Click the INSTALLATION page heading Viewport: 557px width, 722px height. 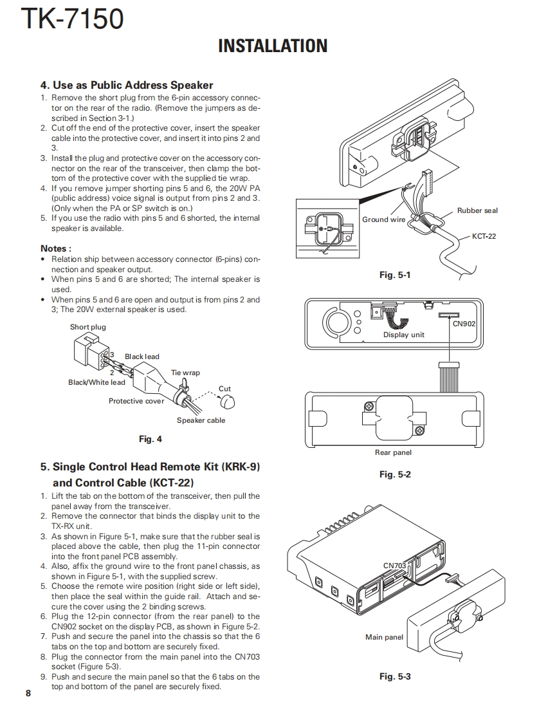[x=273, y=46]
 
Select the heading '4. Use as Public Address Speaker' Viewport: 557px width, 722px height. [x=127, y=85]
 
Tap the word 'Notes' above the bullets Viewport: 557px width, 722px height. [x=55, y=248]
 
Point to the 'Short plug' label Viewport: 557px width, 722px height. [x=88, y=327]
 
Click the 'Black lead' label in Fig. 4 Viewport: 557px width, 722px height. [x=142, y=356]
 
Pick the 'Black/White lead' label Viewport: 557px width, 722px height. [x=96, y=382]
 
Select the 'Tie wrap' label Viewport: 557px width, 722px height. [x=185, y=373]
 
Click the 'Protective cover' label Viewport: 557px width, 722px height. [x=136, y=401]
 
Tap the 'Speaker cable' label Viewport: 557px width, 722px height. [x=201, y=420]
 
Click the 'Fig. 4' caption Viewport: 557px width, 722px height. [x=151, y=439]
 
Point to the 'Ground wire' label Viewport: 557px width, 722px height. [x=384, y=219]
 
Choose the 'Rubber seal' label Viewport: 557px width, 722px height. [x=477, y=210]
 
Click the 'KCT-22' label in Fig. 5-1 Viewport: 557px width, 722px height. [x=484, y=236]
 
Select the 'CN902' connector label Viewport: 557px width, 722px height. [x=464, y=324]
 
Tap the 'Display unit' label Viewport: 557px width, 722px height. [x=404, y=335]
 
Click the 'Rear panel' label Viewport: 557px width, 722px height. [x=393, y=452]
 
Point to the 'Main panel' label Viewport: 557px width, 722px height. [x=384, y=637]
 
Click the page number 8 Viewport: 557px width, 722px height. [x=28, y=692]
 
